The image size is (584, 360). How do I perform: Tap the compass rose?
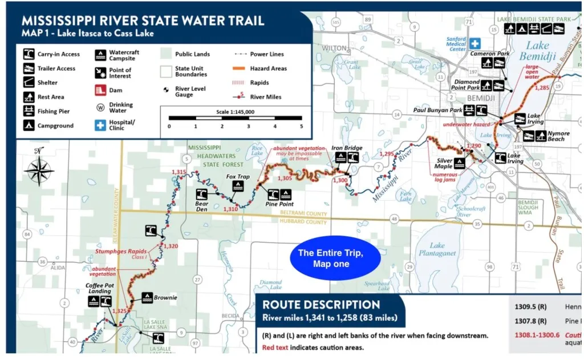39,169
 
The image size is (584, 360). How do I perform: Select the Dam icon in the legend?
100,90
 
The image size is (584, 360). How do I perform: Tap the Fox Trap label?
238,177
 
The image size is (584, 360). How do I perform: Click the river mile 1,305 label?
285,179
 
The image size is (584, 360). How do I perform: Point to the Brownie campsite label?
165,297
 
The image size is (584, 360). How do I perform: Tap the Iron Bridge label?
347,148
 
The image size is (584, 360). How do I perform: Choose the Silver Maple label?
444,163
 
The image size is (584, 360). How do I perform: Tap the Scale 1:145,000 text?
235,112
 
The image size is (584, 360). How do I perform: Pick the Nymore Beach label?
558,136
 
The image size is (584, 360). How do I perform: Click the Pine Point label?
279,204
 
